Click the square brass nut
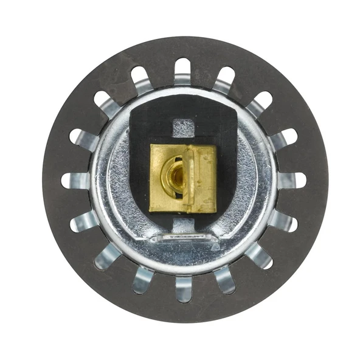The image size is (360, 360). [182, 178]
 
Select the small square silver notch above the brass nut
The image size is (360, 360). [183, 128]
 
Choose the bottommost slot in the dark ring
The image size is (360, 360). [183, 288]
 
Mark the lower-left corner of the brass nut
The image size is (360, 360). [151, 210]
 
